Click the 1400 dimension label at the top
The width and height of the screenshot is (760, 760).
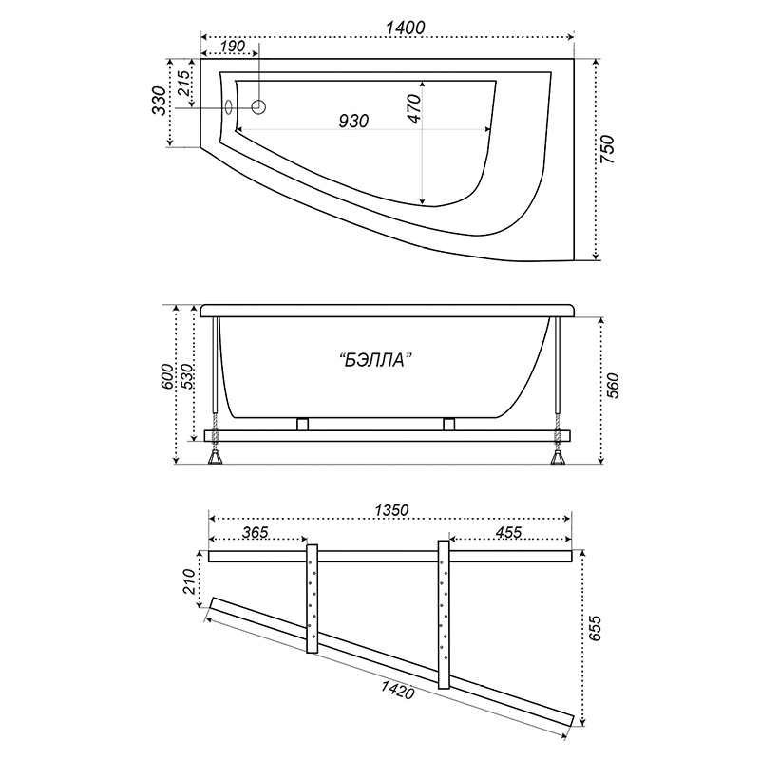[406, 28]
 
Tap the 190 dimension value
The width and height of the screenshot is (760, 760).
[232, 47]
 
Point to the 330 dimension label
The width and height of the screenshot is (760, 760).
[159, 101]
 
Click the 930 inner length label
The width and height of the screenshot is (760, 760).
[353, 121]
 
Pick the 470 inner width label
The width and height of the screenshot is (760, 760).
[414, 108]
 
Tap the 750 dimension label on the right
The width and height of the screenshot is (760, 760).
[607, 149]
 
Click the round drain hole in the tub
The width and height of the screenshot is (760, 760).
[258, 106]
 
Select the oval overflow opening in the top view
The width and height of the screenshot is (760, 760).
[229, 107]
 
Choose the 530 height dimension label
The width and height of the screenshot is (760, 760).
[186, 375]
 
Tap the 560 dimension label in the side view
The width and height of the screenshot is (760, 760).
[613, 386]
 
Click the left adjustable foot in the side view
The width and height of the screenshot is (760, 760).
[215, 457]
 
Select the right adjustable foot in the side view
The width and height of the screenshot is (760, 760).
[558, 457]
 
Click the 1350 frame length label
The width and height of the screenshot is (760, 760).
[391, 510]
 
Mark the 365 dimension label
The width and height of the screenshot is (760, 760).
[255, 532]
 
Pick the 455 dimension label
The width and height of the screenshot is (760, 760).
[508, 532]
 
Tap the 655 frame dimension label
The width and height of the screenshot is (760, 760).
[595, 628]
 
